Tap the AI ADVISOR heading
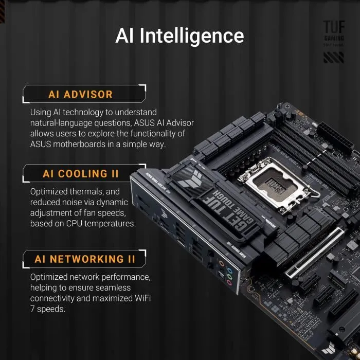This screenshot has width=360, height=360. [80, 95]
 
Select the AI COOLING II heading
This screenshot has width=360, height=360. [81, 174]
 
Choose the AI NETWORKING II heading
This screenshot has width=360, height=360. [85, 259]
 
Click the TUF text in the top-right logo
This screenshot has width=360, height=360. [333, 27]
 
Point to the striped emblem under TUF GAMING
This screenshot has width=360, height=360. [333, 57]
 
